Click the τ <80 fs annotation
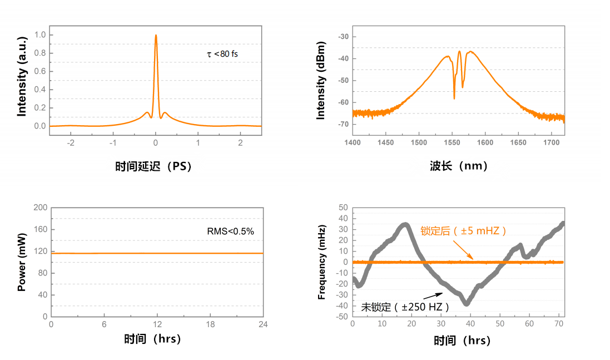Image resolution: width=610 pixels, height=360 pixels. [x=222, y=55]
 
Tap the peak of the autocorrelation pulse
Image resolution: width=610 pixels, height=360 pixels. [x=156, y=35]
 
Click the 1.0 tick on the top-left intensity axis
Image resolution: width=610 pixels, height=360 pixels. [x=40, y=35]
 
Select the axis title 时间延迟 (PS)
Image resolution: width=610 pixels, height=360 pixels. [x=153, y=166]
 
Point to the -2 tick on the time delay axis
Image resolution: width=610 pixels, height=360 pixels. [x=71, y=142]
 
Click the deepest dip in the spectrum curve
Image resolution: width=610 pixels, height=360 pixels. [x=454, y=98]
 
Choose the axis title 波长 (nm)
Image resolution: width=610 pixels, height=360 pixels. [x=458, y=166]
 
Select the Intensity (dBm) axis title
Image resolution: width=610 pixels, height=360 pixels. [x=321, y=81]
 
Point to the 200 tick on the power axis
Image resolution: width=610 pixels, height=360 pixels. [x=41, y=208]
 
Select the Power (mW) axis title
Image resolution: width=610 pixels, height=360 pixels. [x=22, y=262]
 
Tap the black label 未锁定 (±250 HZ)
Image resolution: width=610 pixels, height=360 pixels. [x=405, y=307]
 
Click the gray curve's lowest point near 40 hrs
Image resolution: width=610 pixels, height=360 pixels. [x=467, y=303]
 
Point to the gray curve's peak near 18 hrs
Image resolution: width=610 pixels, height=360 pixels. [x=406, y=225]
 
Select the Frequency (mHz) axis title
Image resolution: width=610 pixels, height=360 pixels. [x=322, y=262]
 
